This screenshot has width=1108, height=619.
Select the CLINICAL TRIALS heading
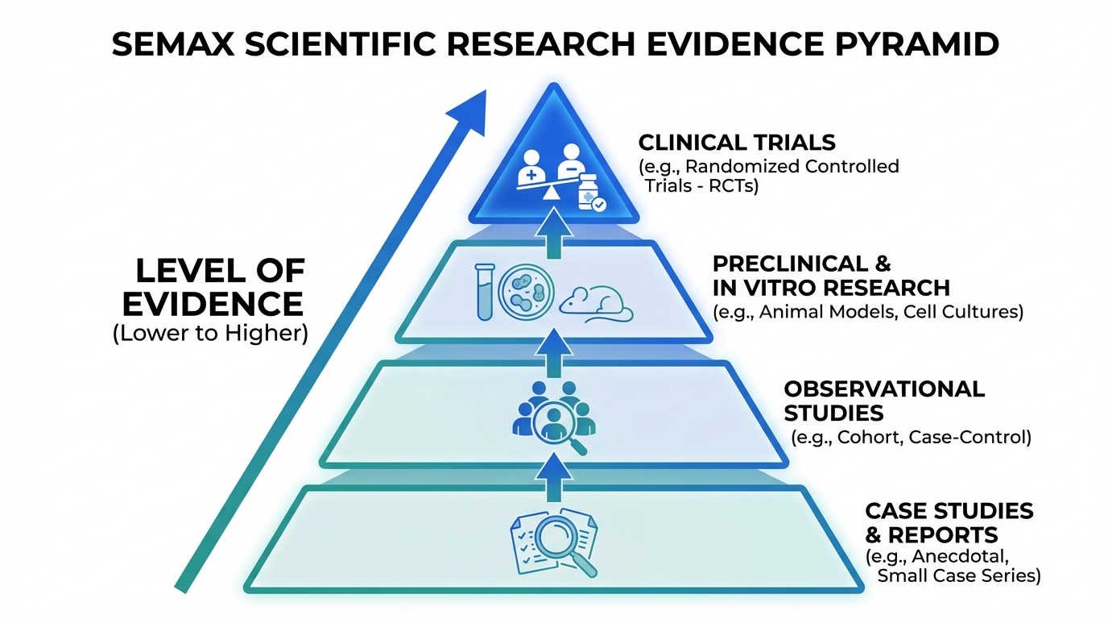click(x=737, y=143)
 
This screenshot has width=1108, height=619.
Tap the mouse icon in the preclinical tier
click(x=597, y=305)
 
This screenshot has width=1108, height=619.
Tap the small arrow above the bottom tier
click(x=553, y=473)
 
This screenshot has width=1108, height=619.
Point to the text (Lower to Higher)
click(x=211, y=334)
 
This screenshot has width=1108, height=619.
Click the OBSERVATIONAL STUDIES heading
click(x=883, y=401)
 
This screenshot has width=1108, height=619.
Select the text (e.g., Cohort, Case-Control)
click(x=911, y=438)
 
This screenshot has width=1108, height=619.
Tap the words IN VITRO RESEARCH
click(x=831, y=288)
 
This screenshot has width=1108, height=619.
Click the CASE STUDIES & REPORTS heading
click(x=949, y=522)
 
